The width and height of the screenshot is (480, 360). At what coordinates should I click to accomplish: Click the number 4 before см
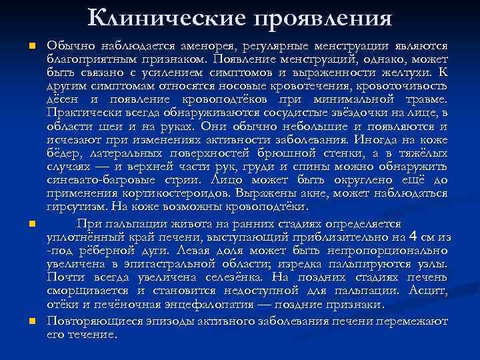point(413,237)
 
